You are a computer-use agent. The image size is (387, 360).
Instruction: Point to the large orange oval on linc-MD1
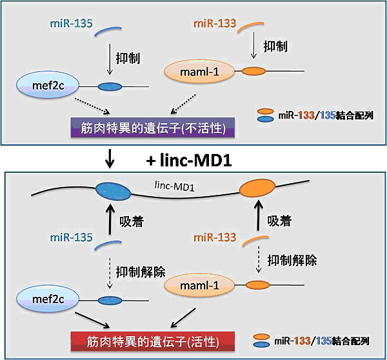click(257, 189)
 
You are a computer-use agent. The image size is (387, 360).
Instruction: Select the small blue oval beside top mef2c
click(110, 86)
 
